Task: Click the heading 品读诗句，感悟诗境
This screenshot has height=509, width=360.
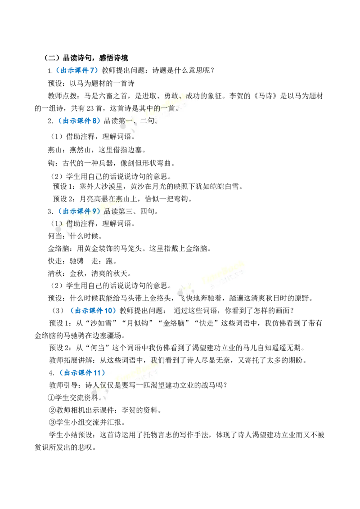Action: coord(95,58)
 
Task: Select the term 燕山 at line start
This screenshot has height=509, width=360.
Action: coord(55,150)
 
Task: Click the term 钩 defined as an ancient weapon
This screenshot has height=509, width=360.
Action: coord(52,163)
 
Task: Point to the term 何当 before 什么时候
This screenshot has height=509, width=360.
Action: coord(55,236)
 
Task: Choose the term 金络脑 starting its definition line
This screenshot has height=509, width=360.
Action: coord(58,249)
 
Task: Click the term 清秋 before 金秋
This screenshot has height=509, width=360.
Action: coord(55,274)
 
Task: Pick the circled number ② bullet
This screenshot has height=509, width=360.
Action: coord(53,410)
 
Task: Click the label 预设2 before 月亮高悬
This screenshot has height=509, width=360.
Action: coord(64,199)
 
